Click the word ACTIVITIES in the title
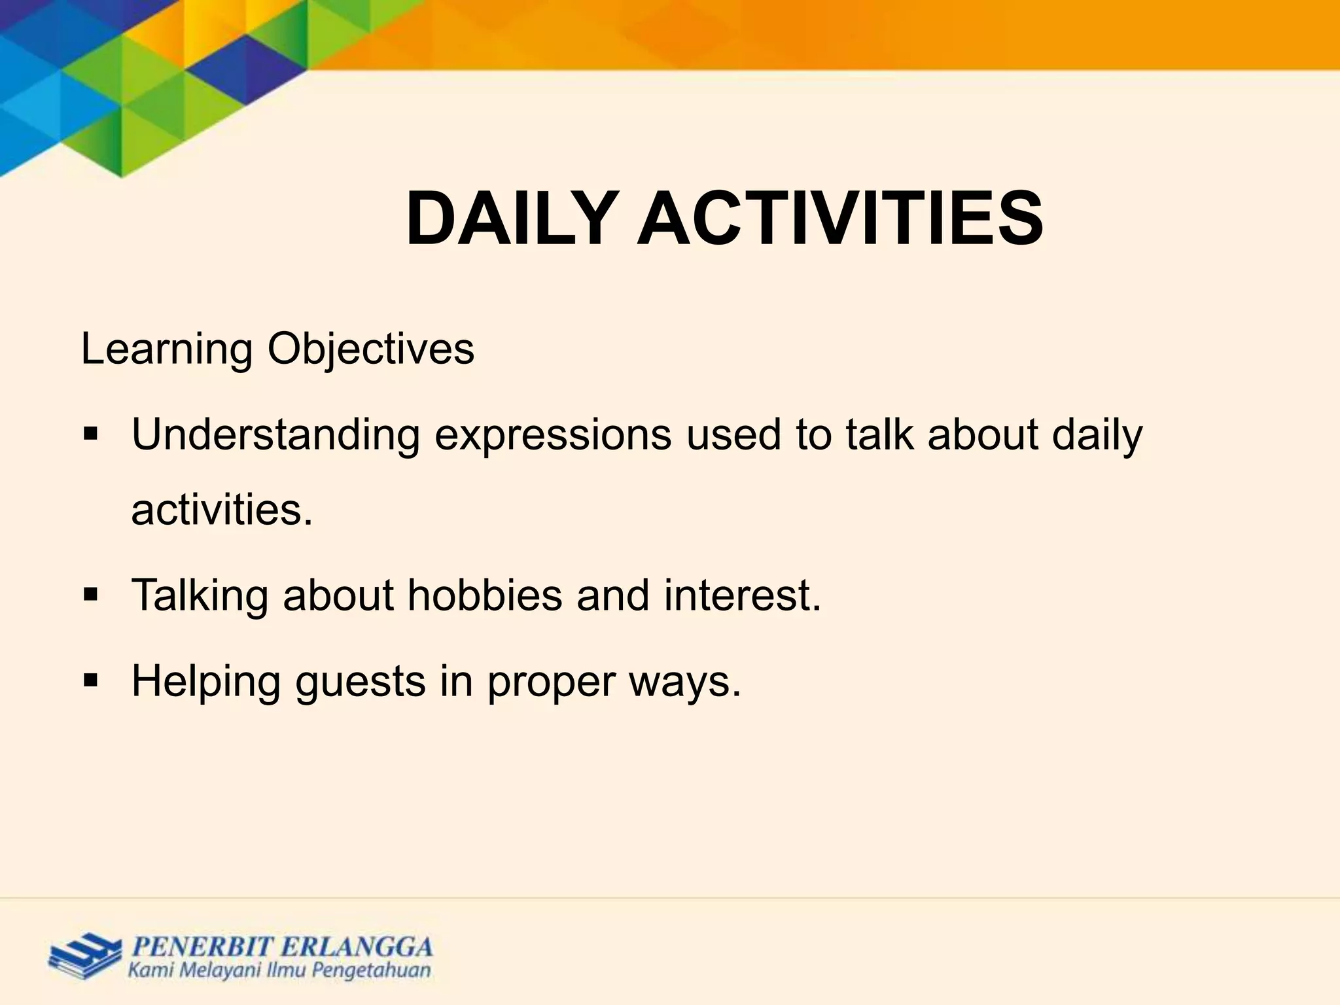click(x=840, y=219)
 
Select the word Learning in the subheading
click(x=167, y=350)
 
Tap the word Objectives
click(x=370, y=350)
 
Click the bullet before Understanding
click(x=90, y=434)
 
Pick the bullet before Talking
click(x=90, y=595)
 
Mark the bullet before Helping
click(x=90, y=681)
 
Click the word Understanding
click(x=275, y=436)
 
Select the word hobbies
click(x=485, y=595)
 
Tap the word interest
click(x=742, y=595)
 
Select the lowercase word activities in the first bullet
click(x=222, y=510)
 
